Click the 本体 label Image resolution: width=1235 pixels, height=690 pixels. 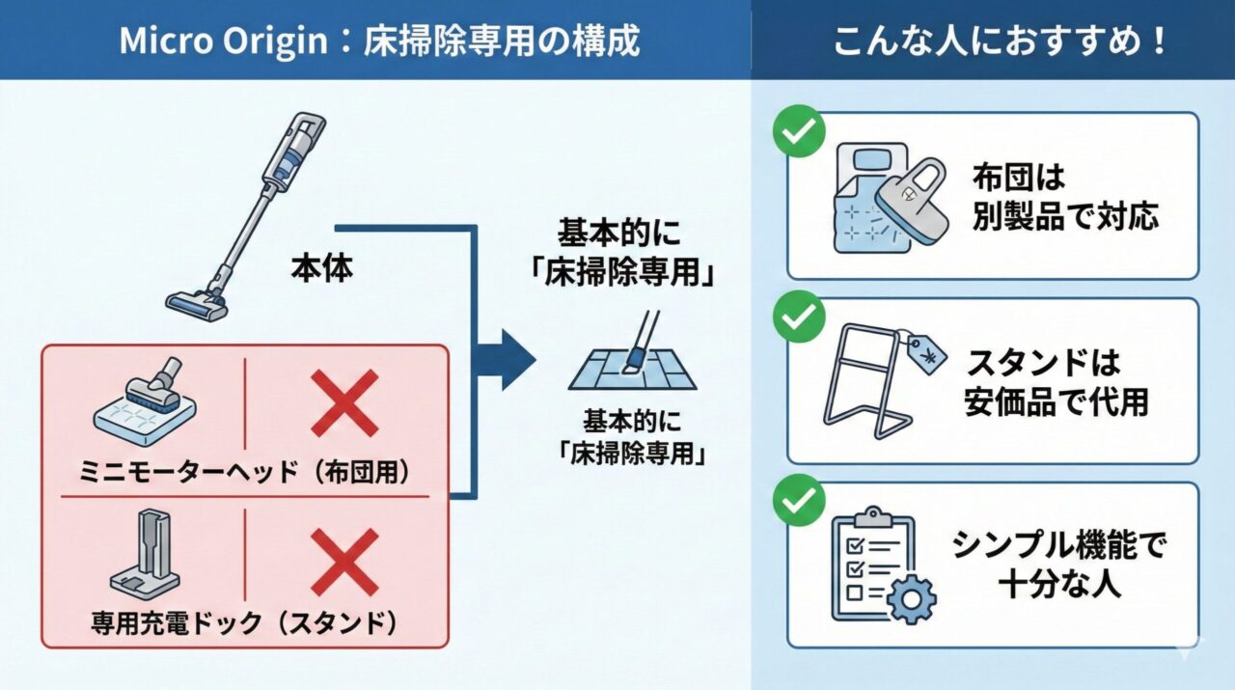coord(322,268)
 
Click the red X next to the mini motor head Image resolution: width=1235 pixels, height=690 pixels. coord(344,404)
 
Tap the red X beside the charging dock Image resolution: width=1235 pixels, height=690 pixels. coord(344,561)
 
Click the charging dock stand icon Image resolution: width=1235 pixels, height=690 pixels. coord(145,556)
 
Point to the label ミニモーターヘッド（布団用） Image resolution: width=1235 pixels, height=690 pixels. coord(246,472)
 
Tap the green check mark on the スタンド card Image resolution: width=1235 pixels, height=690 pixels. coord(799,316)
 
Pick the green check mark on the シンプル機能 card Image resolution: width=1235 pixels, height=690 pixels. coord(799,500)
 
